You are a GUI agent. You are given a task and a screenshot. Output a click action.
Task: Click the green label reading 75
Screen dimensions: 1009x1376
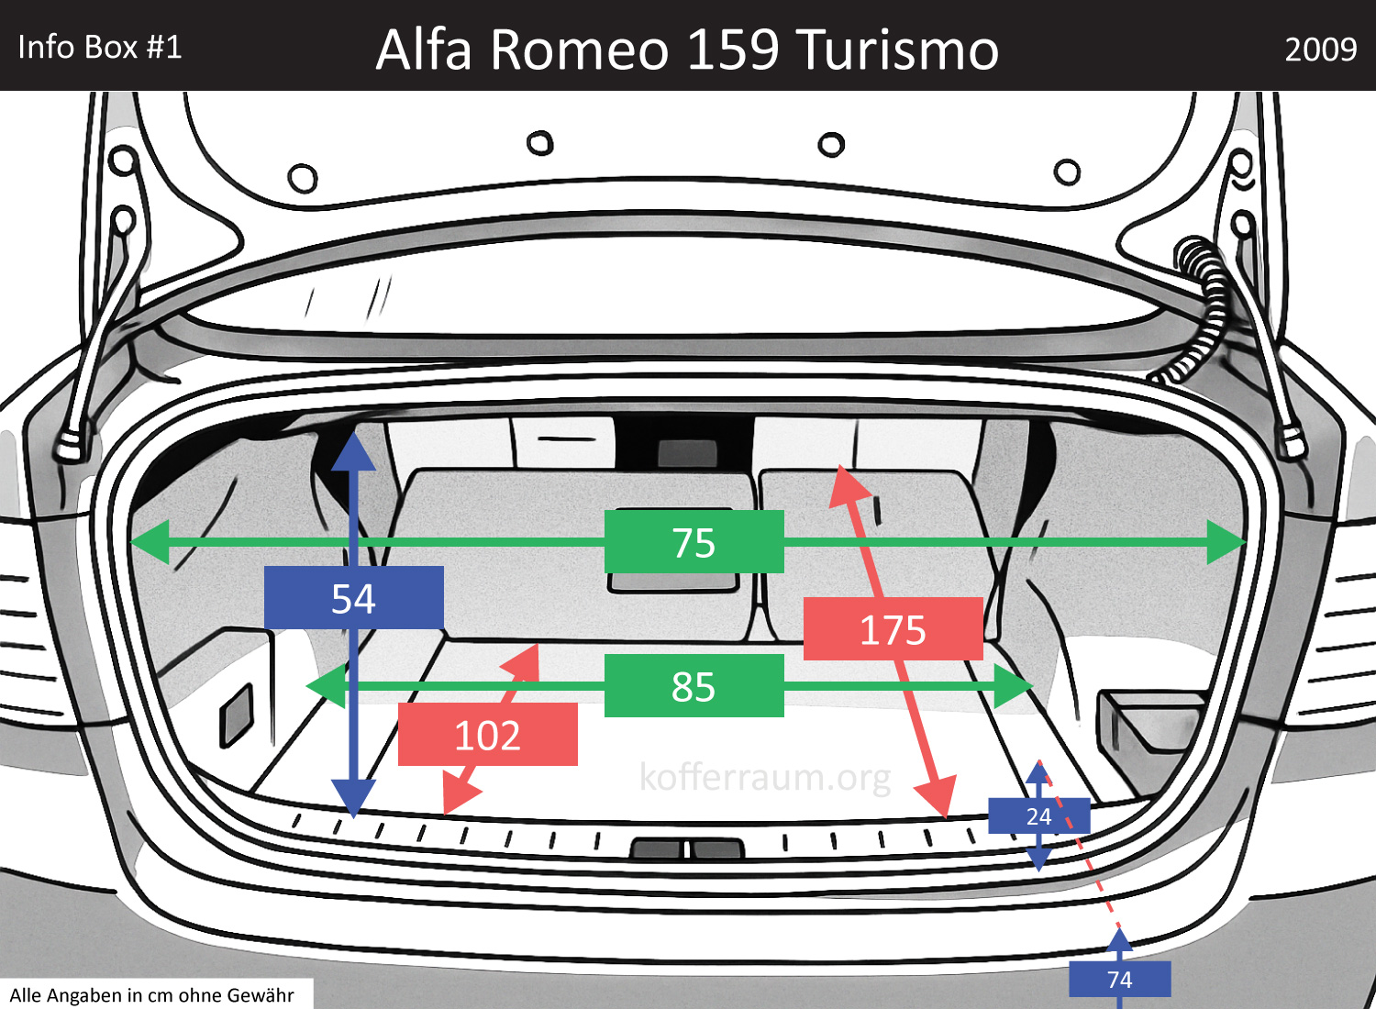pyautogui.click(x=694, y=542)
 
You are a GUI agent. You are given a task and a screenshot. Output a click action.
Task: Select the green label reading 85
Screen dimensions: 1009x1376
pyautogui.click(x=694, y=686)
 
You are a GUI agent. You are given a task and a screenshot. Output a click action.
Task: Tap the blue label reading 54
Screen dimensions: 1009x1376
pyautogui.click(x=353, y=598)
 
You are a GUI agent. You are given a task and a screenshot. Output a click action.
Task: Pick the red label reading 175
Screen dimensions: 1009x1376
pyautogui.click(x=893, y=629)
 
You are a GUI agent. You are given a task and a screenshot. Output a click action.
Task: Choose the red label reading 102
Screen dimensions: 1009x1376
pyautogui.click(x=487, y=735)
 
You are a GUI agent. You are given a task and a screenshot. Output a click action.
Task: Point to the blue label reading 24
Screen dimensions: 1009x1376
pyautogui.click(x=1038, y=816)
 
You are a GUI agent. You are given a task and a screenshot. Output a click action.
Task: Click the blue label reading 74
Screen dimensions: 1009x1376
pyautogui.click(x=1119, y=980)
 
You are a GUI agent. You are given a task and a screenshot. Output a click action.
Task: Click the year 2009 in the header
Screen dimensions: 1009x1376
pyautogui.click(x=1320, y=49)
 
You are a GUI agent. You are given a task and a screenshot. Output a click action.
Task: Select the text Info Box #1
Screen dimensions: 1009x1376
pyautogui.click(x=100, y=47)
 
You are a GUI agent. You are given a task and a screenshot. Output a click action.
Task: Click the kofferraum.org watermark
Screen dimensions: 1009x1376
pyautogui.click(x=765, y=777)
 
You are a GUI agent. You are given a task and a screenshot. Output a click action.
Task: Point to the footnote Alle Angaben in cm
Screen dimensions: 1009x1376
pyautogui.click(x=152, y=995)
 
